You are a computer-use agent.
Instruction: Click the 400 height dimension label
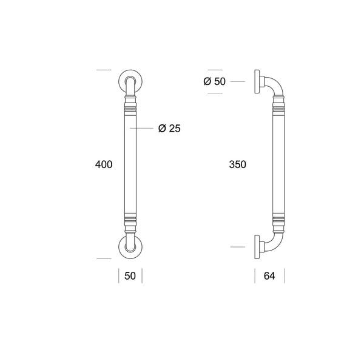[104, 164]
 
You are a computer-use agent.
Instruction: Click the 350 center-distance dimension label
[237, 164]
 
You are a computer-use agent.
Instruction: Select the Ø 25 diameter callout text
[169, 128]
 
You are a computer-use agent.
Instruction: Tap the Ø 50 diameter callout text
[214, 81]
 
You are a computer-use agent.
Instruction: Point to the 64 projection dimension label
[269, 276]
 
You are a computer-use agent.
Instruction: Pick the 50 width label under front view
[130, 276]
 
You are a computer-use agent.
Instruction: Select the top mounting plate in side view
[257, 81]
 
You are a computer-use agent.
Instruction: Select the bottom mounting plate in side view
[257, 247]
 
